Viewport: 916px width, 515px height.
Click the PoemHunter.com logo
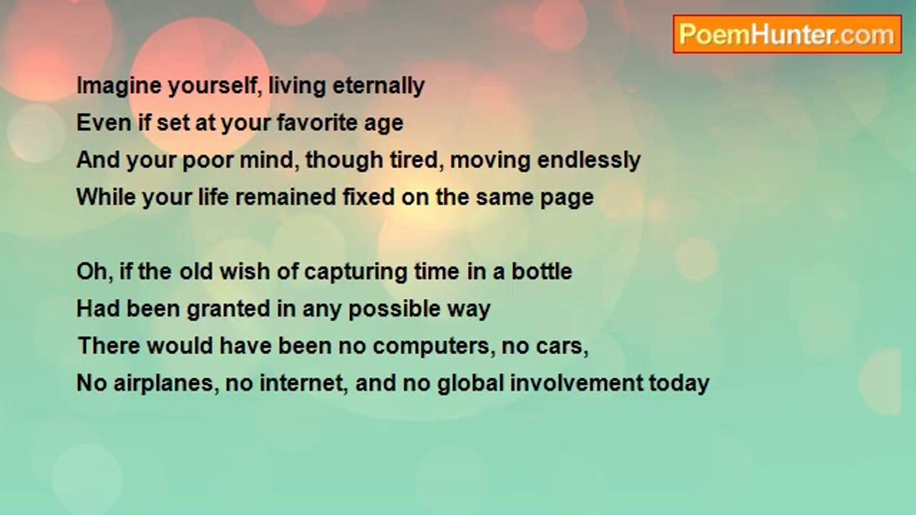(787, 34)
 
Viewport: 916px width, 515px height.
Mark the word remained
(286, 197)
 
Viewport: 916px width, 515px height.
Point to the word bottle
(542, 271)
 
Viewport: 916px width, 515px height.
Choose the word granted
(228, 310)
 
